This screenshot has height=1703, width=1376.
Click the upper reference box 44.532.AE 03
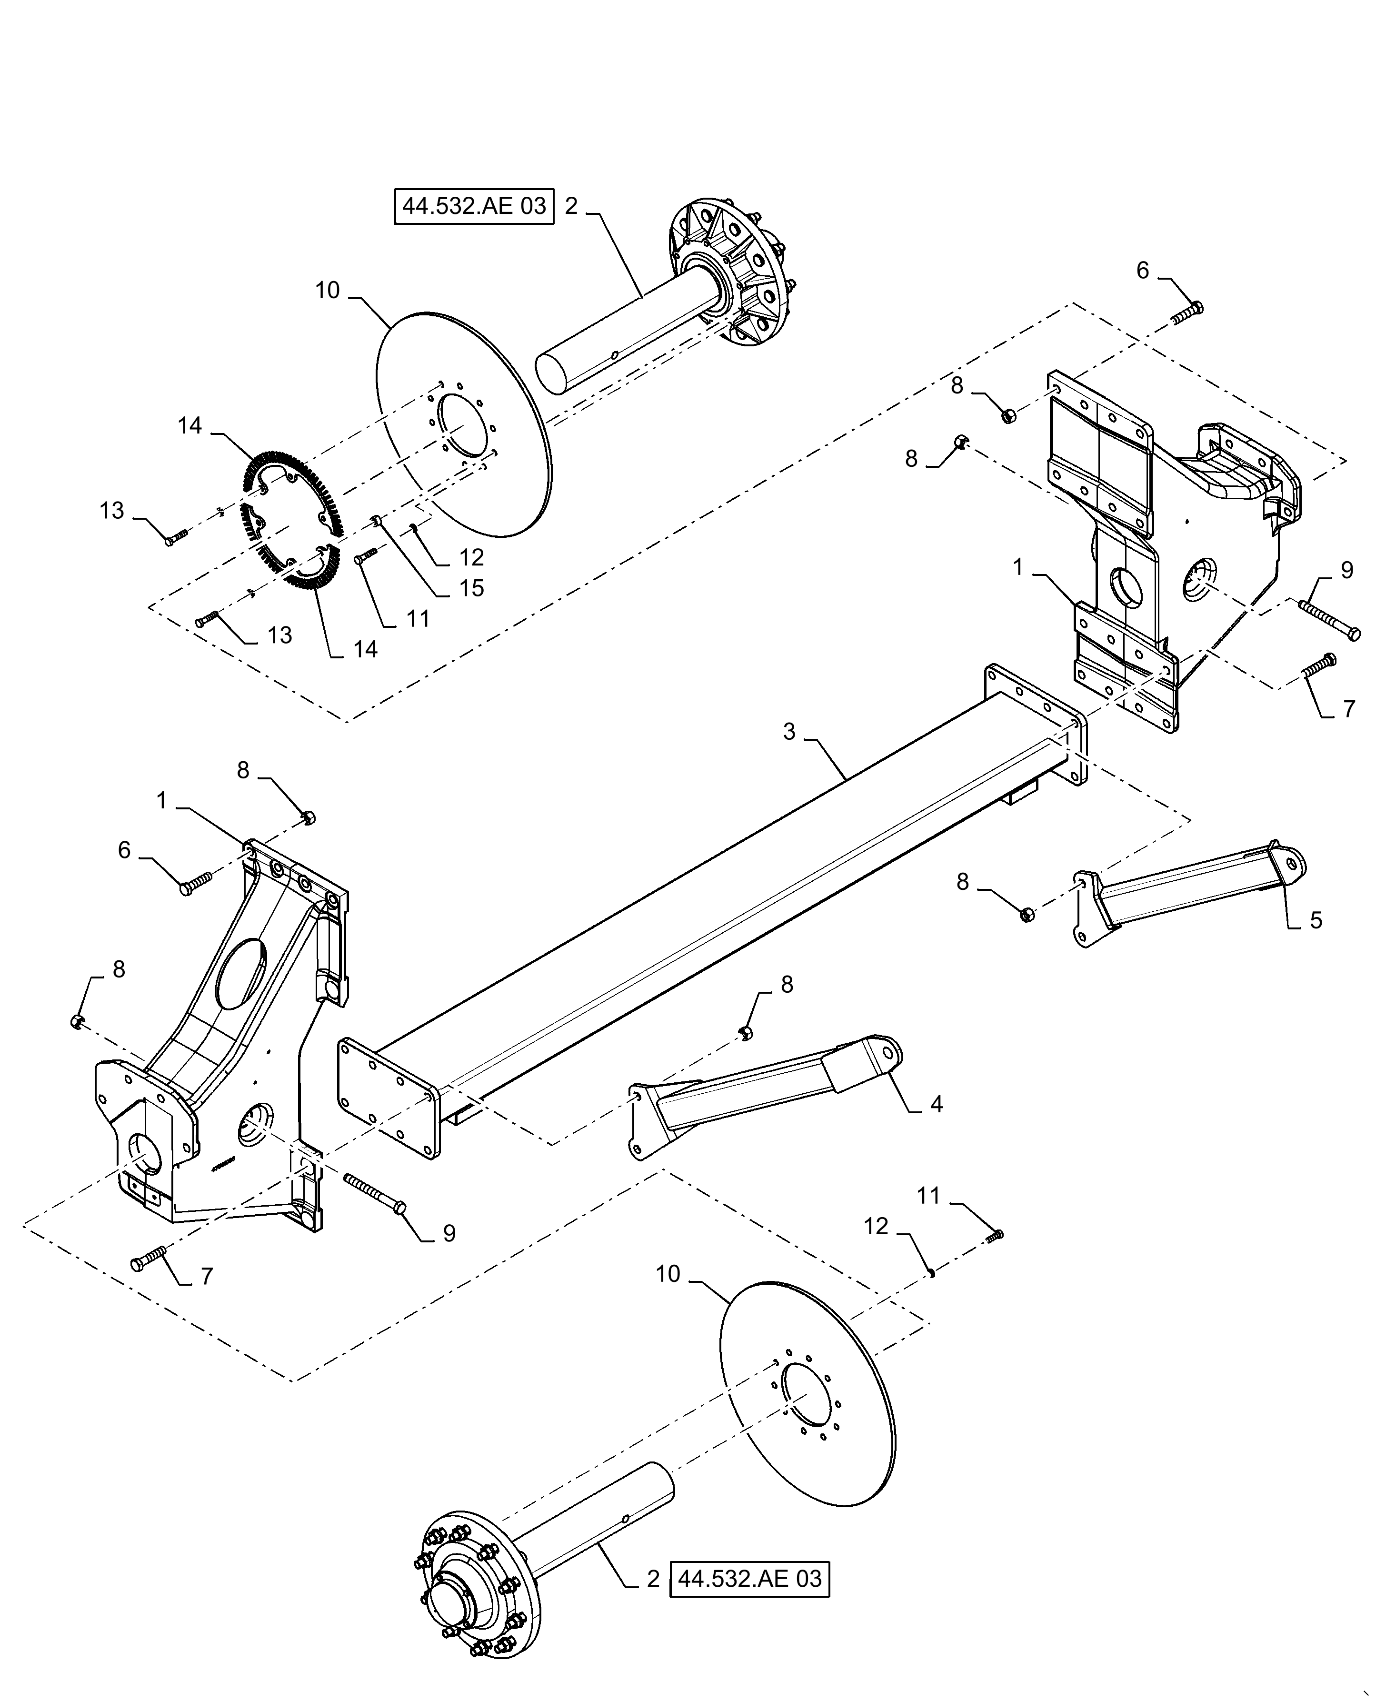pos(474,207)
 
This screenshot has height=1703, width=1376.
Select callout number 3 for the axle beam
pos(788,732)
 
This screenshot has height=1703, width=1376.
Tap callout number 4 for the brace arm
pos(936,1104)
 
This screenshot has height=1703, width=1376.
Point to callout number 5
pos(1316,920)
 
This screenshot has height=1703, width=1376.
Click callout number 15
pos(472,588)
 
